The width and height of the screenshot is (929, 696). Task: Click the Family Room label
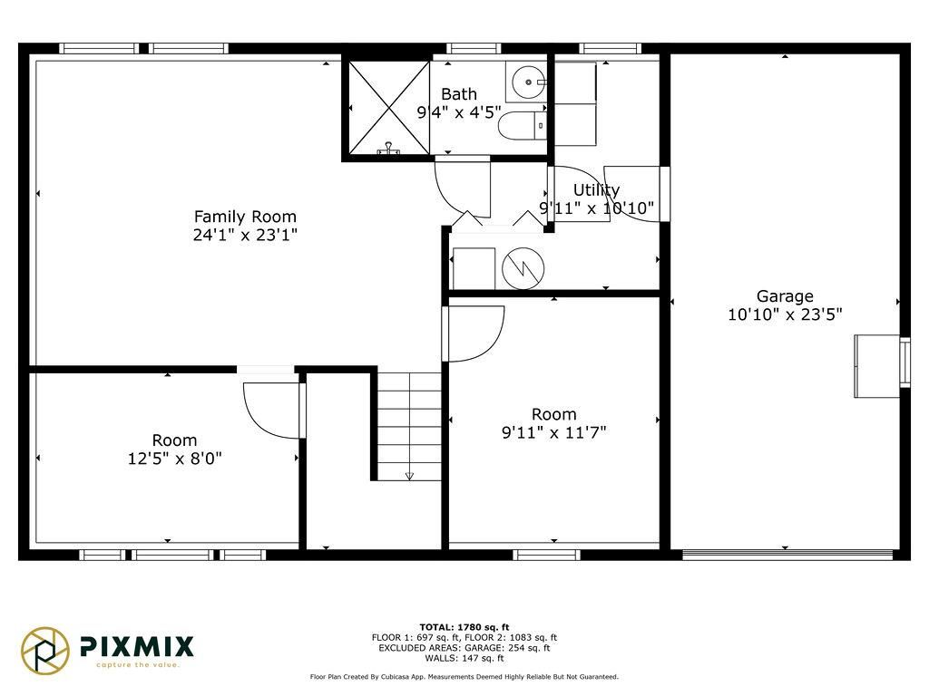pyautogui.click(x=245, y=217)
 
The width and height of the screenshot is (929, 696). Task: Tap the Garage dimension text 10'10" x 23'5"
pyautogui.click(x=785, y=314)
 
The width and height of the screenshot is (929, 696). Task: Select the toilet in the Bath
pyautogui.click(x=522, y=125)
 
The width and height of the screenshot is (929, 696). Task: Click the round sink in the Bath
pyautogui.click(x=527, y=82)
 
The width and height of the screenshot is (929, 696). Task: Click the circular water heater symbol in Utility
pyautogui.click(x=523, y=268)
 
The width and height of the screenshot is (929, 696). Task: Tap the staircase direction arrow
pyautogui.click(x=409, y=475)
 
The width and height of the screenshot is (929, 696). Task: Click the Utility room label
pyautogui.click(x=597, y=190)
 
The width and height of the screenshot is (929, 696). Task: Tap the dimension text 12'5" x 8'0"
pyautogui.click(x=175, y=459)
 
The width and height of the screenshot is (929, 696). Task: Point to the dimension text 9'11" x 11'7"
pyautogui.click(x=554, y=432)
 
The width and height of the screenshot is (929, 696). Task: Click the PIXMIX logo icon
pyautogui.click(x=45, y=651)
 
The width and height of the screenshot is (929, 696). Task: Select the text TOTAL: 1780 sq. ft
pyautogui.click(x=464, y=627)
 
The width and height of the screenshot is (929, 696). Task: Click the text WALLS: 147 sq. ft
pyautogui.click(x=464, y=658)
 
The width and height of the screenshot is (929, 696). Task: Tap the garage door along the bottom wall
pyautogui.click(x=787, y=555)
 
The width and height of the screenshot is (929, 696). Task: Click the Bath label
pyautogui.click(x=459, y=94)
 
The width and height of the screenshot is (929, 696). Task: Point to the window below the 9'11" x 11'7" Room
pyautogui.click(x=547, y=555)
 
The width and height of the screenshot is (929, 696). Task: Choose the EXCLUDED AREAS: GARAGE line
pyautogui.click(x=464, y=648)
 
